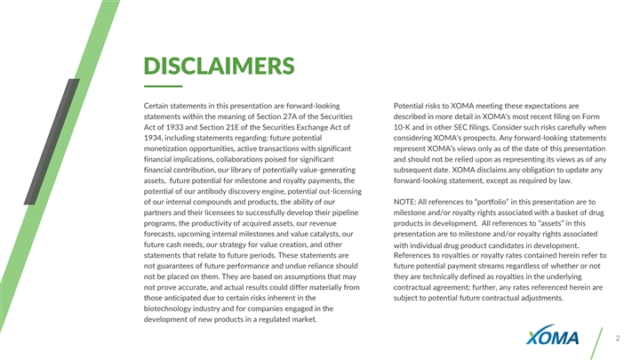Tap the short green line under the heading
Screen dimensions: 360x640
(162, 86)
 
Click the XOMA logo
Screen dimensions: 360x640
(553, 338)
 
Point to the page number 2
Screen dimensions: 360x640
(617, 339)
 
